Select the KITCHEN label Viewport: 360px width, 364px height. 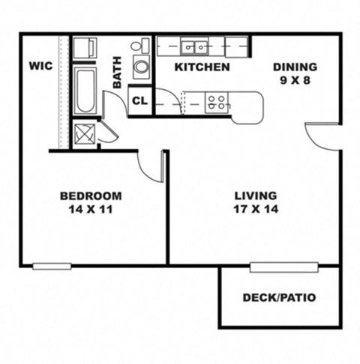202,67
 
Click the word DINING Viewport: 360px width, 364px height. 295,66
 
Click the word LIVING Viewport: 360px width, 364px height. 255,195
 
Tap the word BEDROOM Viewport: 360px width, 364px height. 91,195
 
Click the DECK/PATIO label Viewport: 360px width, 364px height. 279,297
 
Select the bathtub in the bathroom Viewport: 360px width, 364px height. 85,91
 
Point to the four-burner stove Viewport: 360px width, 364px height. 217,103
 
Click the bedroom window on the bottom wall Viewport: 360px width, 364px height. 52,266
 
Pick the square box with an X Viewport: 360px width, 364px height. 84,134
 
